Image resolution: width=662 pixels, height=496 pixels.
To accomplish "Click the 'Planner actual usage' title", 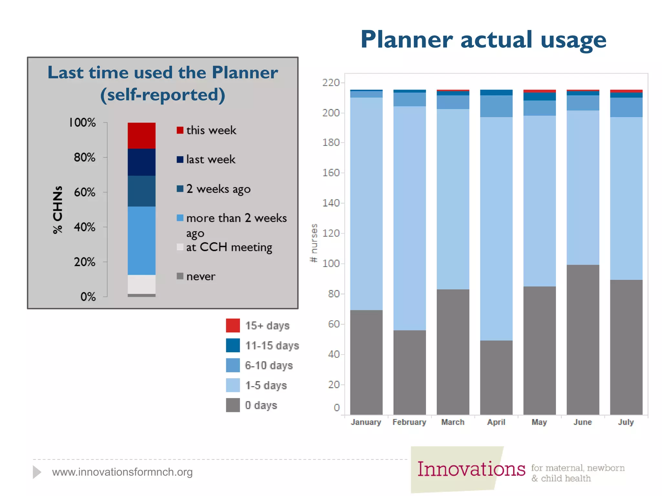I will point(483,40).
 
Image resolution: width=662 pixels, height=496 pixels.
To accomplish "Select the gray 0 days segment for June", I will point(583,340).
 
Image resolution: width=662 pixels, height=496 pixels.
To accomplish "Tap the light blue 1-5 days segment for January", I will point(366,203).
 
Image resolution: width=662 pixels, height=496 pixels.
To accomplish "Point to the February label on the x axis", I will point(409,422).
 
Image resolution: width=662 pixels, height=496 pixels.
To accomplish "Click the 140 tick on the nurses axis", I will point(331,203).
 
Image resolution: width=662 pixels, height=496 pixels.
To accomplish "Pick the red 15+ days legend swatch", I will point(233,325).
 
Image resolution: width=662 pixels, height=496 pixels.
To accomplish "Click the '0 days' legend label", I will point(261,405).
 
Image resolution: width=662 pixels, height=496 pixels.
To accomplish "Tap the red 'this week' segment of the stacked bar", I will point(142,136).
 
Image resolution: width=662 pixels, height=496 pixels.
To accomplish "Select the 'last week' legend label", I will point(211,160).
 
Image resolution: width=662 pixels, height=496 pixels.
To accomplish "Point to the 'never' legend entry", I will point(200,276).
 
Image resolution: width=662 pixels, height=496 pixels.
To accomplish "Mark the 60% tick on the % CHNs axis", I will point(85,192).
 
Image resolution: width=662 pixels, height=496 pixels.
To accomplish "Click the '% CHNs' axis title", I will point(58,210).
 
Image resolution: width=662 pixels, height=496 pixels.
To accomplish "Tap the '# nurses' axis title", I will point(314,243).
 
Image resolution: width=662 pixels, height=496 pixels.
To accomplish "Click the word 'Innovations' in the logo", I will point(471,469).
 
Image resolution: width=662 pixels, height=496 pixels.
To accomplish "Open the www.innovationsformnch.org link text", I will point(122,472).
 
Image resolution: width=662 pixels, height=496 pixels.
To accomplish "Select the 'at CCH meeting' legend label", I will point(229,247).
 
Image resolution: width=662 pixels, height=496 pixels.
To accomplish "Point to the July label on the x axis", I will point(626,422).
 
